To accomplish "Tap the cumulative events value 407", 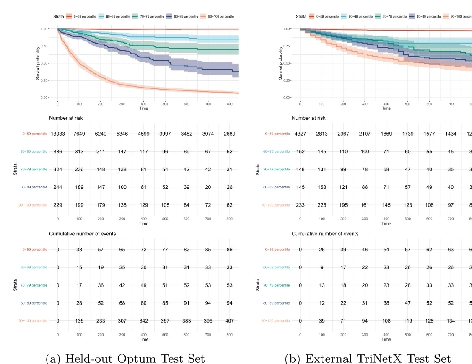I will click(x=230, y=321).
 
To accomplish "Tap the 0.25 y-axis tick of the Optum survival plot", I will click(x=45, y=80).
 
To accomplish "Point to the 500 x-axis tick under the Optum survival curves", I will click(x=208, y=104).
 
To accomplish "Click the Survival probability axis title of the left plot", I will click(x=37, y=64).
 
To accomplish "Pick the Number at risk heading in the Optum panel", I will click(x=66, y=118).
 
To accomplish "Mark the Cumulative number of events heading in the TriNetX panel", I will click(x=325, y=234).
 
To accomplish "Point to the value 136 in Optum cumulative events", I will click(x=79, y=321).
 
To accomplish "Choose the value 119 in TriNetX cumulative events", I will click(x=408, y=321).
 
